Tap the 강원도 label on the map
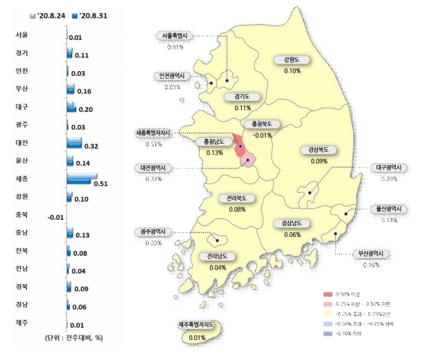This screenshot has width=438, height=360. point(292,60)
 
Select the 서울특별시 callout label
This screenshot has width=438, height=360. point(174,36)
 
